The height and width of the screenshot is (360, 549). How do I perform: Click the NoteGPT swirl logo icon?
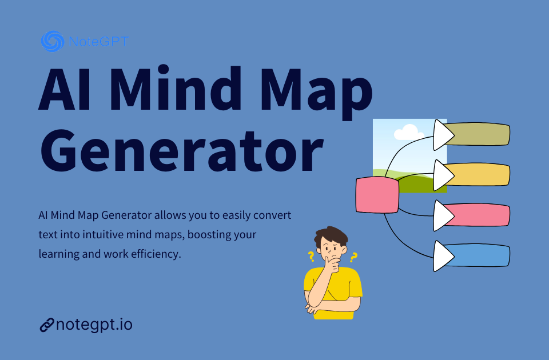pyautogui.click(x=52, y=41)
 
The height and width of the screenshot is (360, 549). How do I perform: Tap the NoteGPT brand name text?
pyautogui.click(x=97, y=42)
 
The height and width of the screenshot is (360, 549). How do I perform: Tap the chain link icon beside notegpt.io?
pyautogui.click(x=46, y=325)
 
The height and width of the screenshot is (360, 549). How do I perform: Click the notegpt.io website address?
pyautogui.click(x=94, y=325)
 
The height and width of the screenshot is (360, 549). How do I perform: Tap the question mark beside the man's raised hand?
pyautogui.click(x=353, y=258)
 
